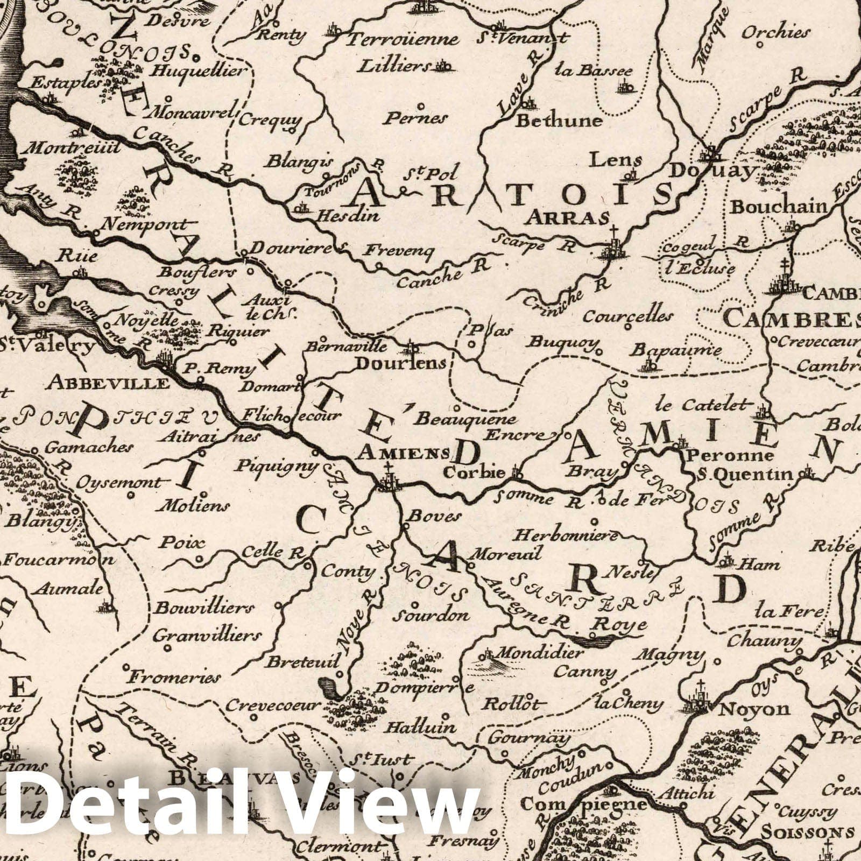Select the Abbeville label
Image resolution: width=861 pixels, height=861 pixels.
(110, 383)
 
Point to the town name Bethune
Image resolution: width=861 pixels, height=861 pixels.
(559, 121)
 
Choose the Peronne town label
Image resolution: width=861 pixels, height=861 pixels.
(729, 456)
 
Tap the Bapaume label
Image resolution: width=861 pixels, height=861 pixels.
(676, 350)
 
